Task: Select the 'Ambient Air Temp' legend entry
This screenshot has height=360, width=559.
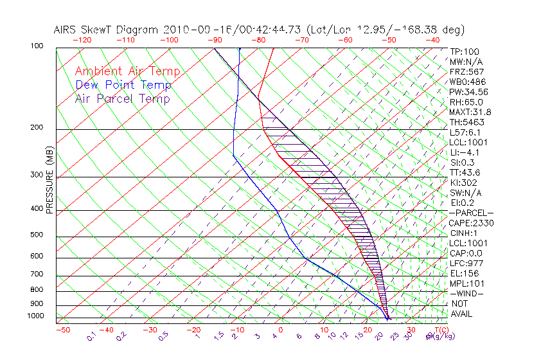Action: click(127, 71)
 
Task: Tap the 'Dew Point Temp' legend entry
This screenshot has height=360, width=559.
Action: click(123, 85)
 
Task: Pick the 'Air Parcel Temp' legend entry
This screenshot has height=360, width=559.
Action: click(122, 98)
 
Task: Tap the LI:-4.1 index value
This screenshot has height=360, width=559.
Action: click(464, 152)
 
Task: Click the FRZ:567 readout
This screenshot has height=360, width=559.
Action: click(466, 72)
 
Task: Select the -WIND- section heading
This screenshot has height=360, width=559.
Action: click(466, 293)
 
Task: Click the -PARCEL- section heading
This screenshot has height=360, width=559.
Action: click(471, 213)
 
